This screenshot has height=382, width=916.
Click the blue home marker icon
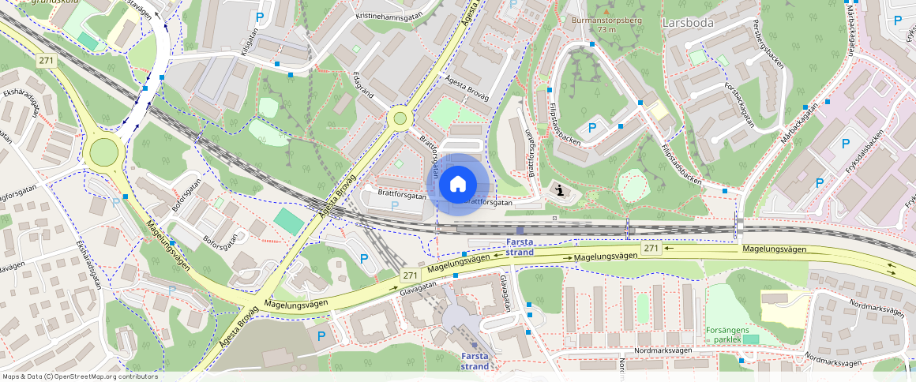tap(458, 184)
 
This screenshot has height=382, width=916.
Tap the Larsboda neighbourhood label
tap(688, 23)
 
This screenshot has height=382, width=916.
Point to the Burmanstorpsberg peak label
tap(606, 22)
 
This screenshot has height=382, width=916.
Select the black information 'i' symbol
tap(560, 190)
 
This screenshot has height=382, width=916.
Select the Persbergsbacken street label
tap(768, 43)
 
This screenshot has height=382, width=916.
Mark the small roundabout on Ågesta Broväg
tap(400, 118)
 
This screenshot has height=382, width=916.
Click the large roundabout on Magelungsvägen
tap(104, 152)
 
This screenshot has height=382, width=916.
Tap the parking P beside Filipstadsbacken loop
tap(592, 128)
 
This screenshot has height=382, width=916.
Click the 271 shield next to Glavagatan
tap(409, 275)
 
